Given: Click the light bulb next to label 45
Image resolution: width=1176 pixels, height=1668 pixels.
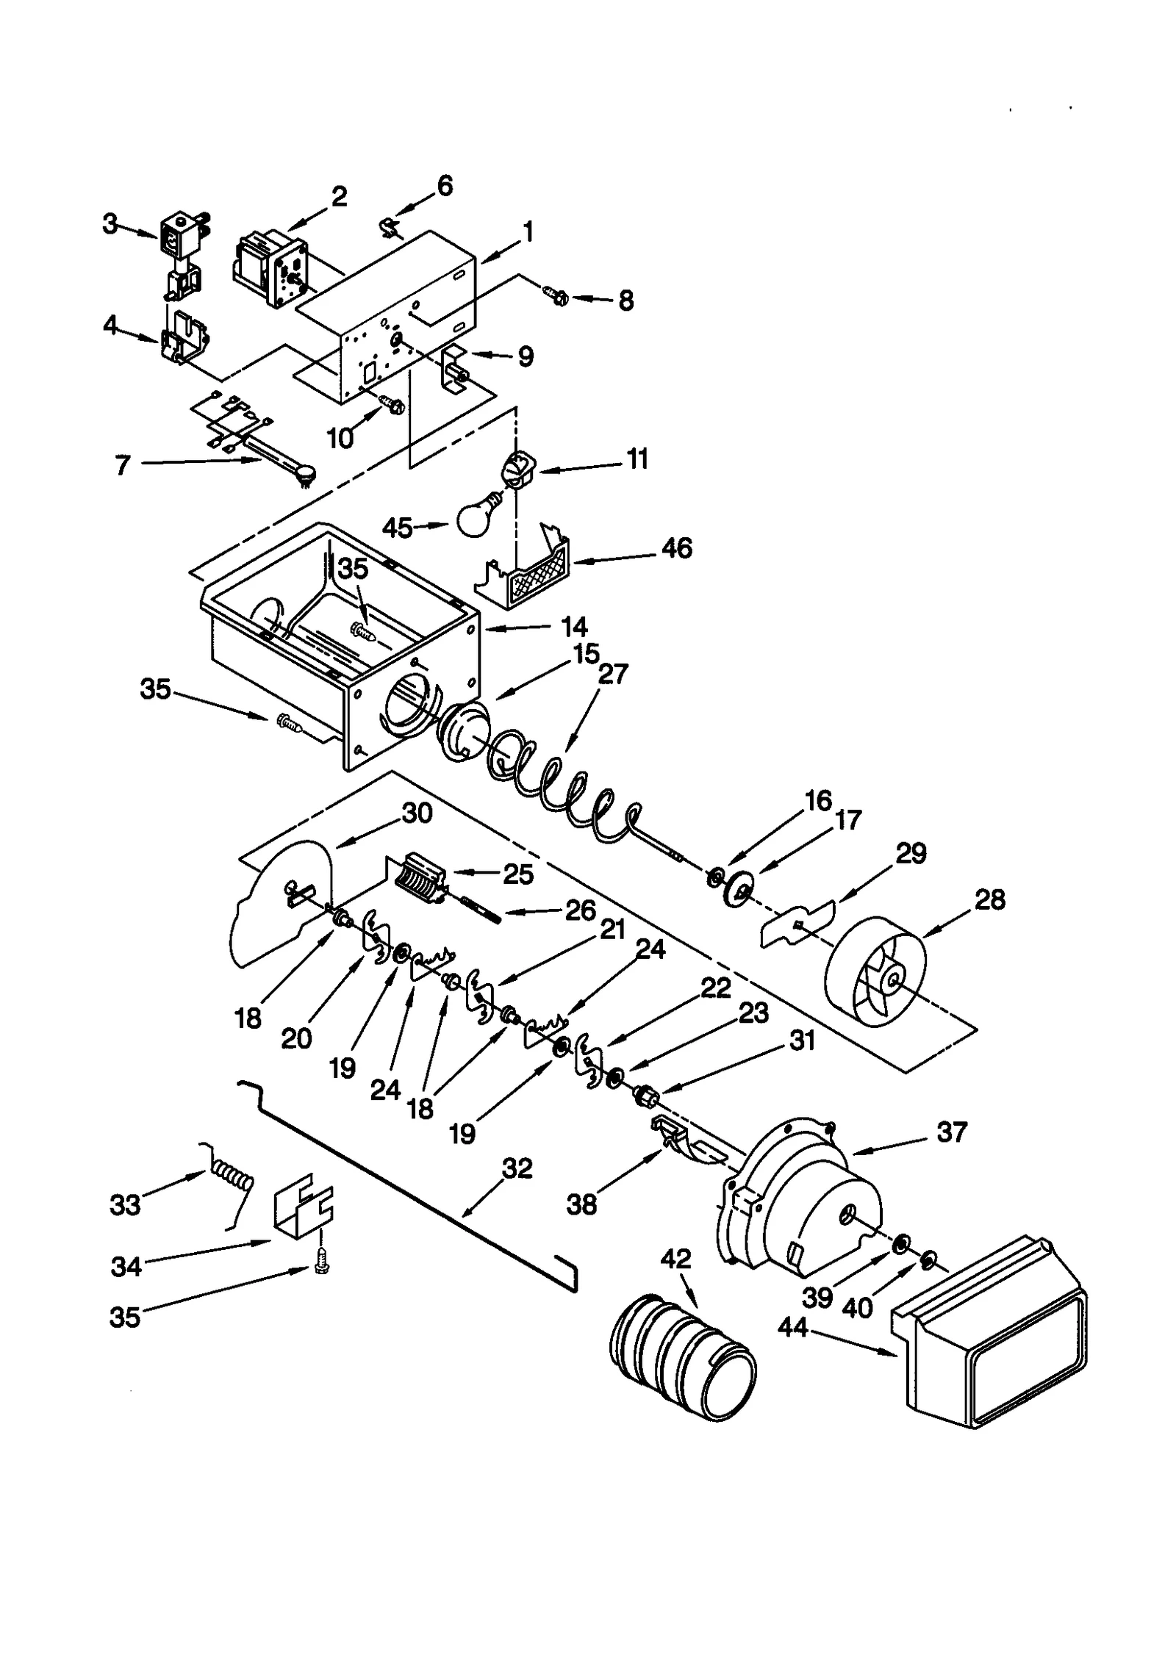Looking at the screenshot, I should [x=476, y=517].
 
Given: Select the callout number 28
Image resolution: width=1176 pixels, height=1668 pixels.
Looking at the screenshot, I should [x=989, y=899].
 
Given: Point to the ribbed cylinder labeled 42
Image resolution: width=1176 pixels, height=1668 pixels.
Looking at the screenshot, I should [x=682, y=1356].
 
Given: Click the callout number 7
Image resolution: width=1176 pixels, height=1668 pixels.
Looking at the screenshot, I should [x=123, y=464].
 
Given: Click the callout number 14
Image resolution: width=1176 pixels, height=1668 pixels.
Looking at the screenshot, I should [x=574, y=627].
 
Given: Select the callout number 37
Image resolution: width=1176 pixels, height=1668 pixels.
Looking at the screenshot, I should [x=952, y=1132].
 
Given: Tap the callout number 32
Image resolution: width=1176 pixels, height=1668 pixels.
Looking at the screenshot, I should [x=517, y=1168].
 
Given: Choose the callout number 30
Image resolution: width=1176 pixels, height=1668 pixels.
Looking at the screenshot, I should [x=417, y=813].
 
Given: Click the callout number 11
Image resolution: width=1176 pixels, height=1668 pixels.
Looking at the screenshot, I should [x=637, y=459].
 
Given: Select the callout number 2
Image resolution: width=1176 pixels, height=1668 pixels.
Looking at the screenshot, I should [x=338, y=197].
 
